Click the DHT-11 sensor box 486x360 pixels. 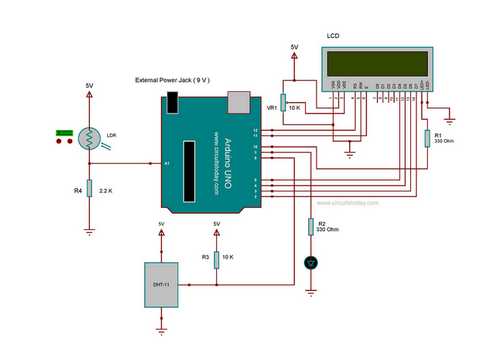pos(161,285)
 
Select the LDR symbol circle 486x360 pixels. pos(89,138)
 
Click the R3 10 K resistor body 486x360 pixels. pos(216,259)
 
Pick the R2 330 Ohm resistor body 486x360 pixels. pos(311,226)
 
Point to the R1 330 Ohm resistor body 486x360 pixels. pos(427,138)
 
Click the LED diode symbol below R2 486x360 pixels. pos(311,262)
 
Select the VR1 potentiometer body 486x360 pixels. pos(283,102)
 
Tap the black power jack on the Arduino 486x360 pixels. pos(172,102)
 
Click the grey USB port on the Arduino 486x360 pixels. pos(239,102)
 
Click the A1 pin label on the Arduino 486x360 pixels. pos(167,164)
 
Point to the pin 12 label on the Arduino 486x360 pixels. pos(255,130)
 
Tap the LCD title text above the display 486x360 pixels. pos(333,36)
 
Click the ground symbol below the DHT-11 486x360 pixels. pos(161,331)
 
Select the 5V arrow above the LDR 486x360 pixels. pos(89,94)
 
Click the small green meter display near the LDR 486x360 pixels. pos(64,133)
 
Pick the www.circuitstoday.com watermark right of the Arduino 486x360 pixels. pos(347,203)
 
